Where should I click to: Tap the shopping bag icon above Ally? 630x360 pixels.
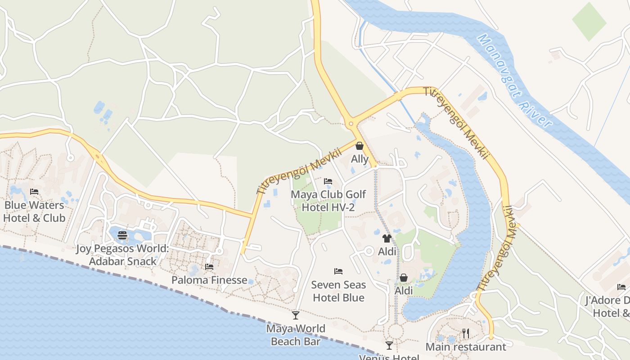point(360,146)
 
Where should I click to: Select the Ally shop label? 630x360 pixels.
point(360,159)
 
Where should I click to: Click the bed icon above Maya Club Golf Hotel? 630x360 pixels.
point(328,181)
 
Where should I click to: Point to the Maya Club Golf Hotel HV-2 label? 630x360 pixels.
point(328,201)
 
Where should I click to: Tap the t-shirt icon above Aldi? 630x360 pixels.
point(387,238)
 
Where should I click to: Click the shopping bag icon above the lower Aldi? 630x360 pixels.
point(404,278)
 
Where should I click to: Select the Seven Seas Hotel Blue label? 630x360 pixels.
point(338,291)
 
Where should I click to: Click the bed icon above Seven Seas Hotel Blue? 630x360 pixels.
point(338,271)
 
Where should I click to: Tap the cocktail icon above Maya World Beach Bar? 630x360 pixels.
point(296,315)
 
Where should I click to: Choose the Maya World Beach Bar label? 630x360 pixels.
point(296,335)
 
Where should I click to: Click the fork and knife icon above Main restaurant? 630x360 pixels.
point(466,333)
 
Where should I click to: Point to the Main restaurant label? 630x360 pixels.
point(466,347)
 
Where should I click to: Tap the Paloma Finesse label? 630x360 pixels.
point(209,280)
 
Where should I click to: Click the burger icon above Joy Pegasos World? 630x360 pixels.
point(122,235)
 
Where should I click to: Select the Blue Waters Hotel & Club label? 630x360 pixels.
point(34,211)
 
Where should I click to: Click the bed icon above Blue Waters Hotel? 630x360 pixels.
point(34,192)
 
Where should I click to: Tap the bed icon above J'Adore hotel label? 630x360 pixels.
point(621,287)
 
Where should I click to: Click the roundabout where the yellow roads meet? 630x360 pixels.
point(351,123)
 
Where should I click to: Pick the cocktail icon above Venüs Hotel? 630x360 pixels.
point(389,346)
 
